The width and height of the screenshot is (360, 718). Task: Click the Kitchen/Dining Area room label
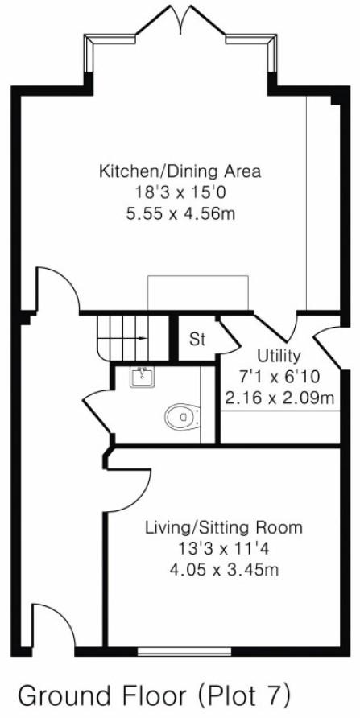(x=180, y=171)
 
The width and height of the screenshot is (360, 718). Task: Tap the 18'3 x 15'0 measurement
(x=180, y=192)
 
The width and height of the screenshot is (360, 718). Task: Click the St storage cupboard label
(x=197, y=339)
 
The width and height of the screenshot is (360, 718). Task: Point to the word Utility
(x=279, y=356)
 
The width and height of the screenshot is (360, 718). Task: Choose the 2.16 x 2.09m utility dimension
(x=279, y=398)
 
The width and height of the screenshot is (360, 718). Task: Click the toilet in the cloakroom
(x=184, y=416)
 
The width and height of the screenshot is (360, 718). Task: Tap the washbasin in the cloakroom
(x=142, y=377)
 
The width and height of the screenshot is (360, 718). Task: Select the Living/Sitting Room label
(x=224, y=528)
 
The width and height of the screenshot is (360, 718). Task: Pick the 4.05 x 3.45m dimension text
(x=224, y=570)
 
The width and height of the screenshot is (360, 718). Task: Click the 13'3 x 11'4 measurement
(x=224, y=549)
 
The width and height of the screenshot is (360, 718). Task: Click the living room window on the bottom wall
(x=172, y=648)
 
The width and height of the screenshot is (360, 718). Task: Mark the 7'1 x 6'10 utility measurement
(x=279, y=377)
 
